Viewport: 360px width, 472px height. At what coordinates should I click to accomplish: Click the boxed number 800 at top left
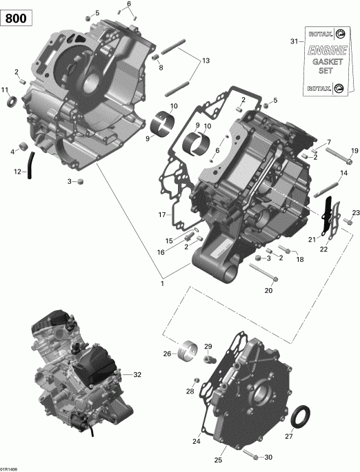click(x=18, y=19)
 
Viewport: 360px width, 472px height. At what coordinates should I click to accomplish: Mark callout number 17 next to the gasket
click(x=163, y=215)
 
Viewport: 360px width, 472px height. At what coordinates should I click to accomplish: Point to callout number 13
click(x=205, y=61)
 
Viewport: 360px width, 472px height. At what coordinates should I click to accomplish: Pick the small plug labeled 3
click(x=80, y=181)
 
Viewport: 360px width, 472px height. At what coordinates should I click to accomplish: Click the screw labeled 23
click(x=349, y=223)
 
